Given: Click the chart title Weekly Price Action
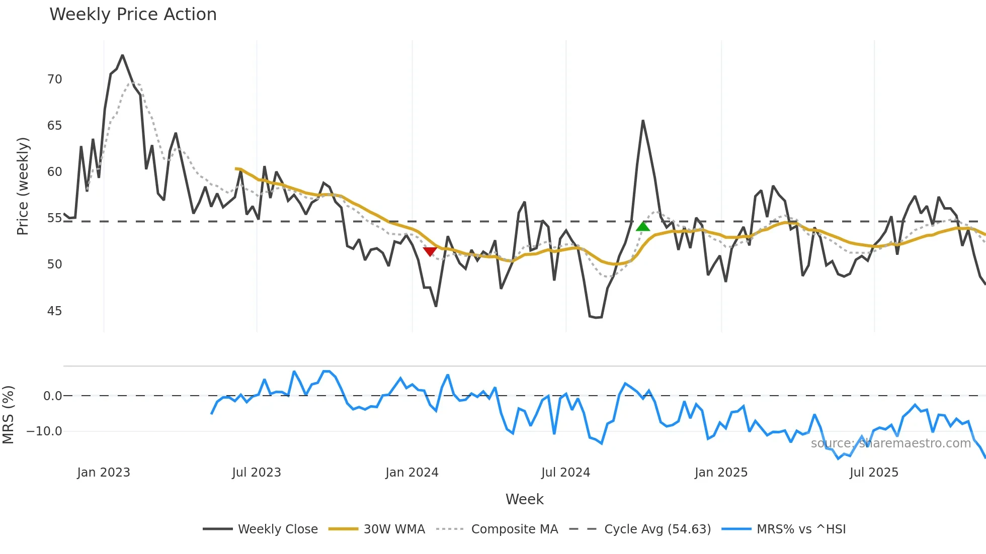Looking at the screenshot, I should point(133,15).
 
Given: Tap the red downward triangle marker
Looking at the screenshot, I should point(430,251).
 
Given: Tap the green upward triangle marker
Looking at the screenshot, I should point(643,227).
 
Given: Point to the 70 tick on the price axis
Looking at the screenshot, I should point(54,79).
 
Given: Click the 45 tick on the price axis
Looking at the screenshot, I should point(54,311).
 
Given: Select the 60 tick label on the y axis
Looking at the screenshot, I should point(54,172).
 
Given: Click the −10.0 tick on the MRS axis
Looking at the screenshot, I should point(44,431).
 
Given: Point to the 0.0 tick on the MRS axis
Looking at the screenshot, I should point(52,396).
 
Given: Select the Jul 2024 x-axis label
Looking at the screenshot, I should point(565,473).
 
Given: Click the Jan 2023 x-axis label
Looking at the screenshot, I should point(104,473).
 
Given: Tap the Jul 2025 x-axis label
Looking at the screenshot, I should point(874,473).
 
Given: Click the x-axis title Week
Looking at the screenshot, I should point(524,499).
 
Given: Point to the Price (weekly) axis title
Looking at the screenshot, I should point(23,186).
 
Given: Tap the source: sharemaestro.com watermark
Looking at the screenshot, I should point(890,443).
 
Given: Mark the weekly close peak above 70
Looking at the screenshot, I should point(122,55).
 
